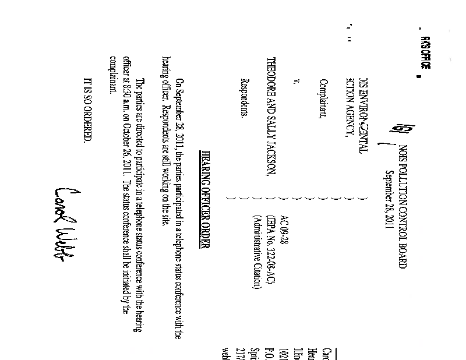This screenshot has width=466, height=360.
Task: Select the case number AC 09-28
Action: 284,230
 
